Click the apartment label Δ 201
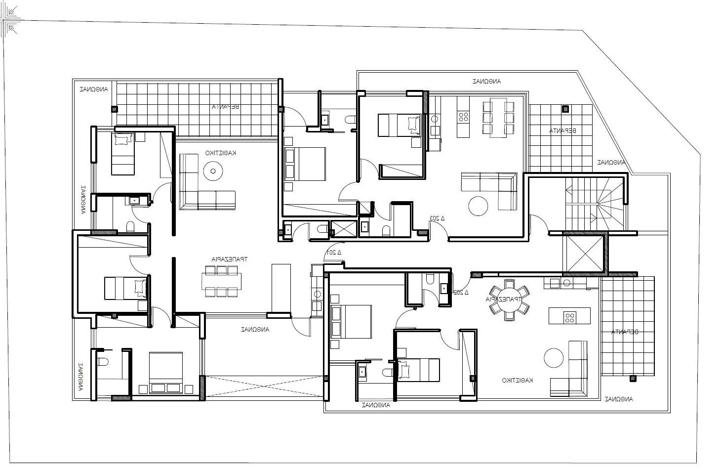click(x=334, y=253)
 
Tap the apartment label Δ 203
click(x=437, y=217)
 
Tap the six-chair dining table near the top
click(x=498, y=118)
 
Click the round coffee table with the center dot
click(x=213, y=172)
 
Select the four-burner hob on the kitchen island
click(x=569, y=317)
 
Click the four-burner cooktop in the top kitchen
click(x=464, y=117)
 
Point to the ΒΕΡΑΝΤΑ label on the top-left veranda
click(x=226, y=106)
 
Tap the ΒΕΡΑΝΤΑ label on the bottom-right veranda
click(x=625, y=332)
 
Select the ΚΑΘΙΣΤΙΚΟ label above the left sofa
click(x=221, y=153)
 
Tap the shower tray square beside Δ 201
click(x=343, y=229)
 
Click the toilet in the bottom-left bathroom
click(x=102, y=362)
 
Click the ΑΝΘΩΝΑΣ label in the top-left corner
click(x=94, y=89)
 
